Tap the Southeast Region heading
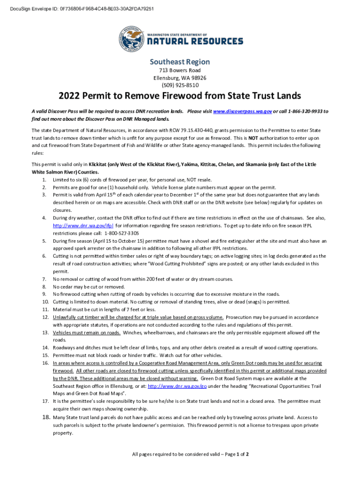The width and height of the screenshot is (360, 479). coord(180,62)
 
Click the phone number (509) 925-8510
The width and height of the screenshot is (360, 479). coord(180,85)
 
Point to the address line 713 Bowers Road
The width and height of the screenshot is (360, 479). coord(180,70)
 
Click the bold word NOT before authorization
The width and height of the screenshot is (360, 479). coord(253,138)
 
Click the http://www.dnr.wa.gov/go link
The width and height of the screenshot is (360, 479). coord(177,386)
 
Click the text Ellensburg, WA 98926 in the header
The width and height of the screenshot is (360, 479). coord(180,78)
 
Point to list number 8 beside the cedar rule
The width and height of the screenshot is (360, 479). coord(44,286)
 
